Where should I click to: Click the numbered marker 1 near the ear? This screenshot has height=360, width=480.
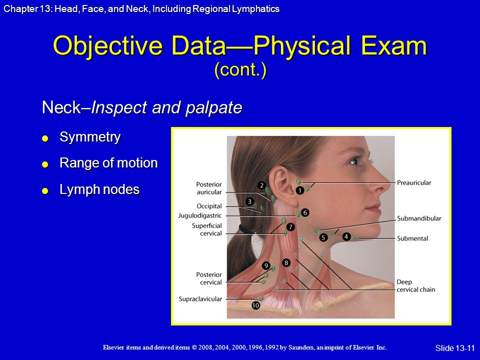coord(299,190)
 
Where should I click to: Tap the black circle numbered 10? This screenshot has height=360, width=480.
coord(255,305)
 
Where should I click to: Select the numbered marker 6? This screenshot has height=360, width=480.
coord(305,212)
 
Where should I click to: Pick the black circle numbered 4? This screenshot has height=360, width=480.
coord(346,236)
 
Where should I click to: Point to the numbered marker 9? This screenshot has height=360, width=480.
coord(266,265)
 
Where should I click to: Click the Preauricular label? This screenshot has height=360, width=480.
coord(414,183)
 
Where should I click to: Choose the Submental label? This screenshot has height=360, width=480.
coord(412,238)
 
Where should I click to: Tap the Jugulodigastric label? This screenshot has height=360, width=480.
coord(200,215)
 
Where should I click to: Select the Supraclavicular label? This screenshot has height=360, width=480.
coord(200,299)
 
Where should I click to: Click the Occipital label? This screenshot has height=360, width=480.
coord(209,206)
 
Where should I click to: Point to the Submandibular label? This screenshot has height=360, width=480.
coord(419,218)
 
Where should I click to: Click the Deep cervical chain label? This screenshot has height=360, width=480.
coord(415,285)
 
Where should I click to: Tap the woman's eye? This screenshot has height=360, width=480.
coord(355,160)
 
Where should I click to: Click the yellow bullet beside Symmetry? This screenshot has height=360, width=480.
coord(45,138)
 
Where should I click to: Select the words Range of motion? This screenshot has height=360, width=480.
coord(108,163)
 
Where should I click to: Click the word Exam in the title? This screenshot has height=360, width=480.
coord(394,45)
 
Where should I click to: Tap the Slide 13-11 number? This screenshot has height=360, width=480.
coord(455,348)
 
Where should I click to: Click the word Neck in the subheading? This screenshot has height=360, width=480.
coord(61,107)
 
